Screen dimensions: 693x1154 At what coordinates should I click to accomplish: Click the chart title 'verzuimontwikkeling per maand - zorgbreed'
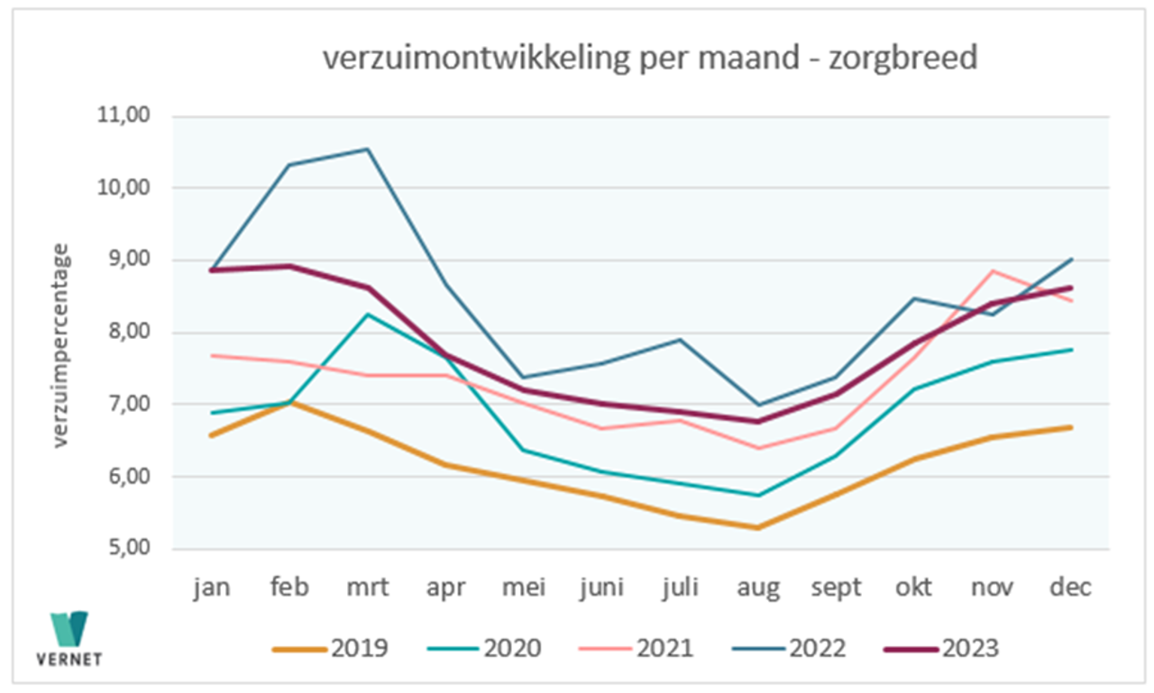[649, 58]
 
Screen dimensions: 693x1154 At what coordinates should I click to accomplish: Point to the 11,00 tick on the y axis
[132, 116]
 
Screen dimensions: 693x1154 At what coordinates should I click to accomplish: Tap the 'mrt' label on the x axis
[368, 588]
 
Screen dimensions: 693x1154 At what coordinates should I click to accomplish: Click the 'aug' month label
[758, 588]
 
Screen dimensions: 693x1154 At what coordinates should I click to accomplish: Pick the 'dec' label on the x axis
[1070, 588]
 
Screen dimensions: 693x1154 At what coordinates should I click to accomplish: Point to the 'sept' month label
[836, 588]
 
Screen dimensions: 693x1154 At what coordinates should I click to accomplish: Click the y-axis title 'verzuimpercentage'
[60, 345]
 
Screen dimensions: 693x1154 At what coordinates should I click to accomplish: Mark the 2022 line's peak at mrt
[368, 150]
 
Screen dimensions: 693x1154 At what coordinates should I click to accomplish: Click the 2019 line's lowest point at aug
[758, 527]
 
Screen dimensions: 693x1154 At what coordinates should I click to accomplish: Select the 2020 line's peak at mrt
[368, 315]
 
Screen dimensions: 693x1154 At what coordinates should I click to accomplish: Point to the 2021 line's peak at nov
[992, 271]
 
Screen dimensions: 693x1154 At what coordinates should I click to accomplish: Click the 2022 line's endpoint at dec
[1070, 260]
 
